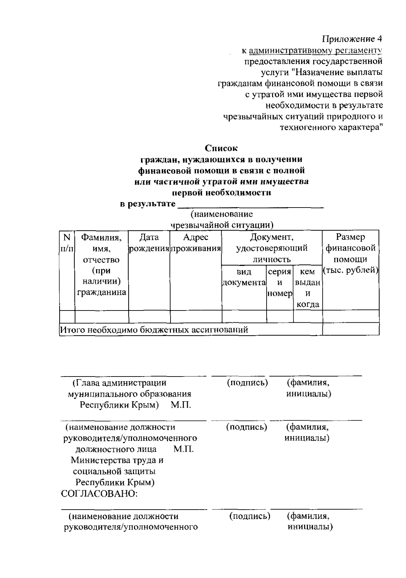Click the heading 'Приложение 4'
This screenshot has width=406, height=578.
[352, 38]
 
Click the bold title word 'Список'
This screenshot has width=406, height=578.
[221, 148]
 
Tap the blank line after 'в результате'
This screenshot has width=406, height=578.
[250, 205]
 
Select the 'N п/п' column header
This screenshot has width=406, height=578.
[67, 243]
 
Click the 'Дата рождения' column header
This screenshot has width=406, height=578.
[149, 243]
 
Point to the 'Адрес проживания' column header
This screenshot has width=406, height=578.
[196, 243]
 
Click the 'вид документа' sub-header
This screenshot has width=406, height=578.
[244, 277]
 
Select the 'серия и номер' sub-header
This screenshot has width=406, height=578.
[279, 282]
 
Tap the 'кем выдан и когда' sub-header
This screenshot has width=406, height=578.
[308, 288]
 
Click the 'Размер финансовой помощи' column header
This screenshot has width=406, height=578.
[351, 254]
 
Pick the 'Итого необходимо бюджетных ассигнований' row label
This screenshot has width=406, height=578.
[154, 329]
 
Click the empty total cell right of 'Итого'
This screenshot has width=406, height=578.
[351, 329]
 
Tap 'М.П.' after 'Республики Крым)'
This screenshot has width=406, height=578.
[181, 405]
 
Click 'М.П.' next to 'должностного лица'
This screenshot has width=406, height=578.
[183, 449]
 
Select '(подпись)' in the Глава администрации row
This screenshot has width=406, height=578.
[247, 383]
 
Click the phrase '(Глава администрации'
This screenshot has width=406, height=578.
[119, 383]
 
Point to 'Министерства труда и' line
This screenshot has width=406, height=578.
[117, 460]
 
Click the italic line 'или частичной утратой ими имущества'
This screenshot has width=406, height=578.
[221, 182]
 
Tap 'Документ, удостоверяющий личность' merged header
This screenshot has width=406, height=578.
[272, 248]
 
